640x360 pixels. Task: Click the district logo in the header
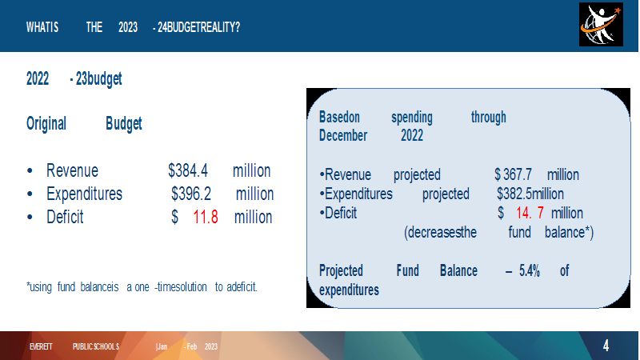pos(601,25)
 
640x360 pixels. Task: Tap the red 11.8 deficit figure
pos(206,217)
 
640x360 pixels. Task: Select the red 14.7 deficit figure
pos(530,213)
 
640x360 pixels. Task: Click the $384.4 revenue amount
pos(188,170)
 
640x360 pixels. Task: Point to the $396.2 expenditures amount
pos(191,194)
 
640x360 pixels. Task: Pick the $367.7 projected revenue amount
pos(513,174)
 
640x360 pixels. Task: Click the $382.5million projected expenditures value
pos(530,194)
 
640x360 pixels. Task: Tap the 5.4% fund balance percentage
pos(530,270)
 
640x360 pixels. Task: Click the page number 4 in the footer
pos(606,346)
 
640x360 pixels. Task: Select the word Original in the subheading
pos(46,124)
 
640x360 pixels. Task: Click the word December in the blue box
pos(343,135)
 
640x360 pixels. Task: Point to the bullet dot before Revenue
pos(30,171)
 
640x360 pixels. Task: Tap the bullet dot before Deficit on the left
pos(30,218)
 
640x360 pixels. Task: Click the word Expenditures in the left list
pos(85,194)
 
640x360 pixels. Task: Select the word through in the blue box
pos(489,118)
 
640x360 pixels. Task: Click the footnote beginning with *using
pos(142,287)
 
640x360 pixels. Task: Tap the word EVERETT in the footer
pos(41,346)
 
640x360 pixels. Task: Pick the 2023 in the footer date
pos(211,346)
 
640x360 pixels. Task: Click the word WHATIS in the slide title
pos(42,27)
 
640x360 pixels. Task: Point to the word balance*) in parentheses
pos(569,232)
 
